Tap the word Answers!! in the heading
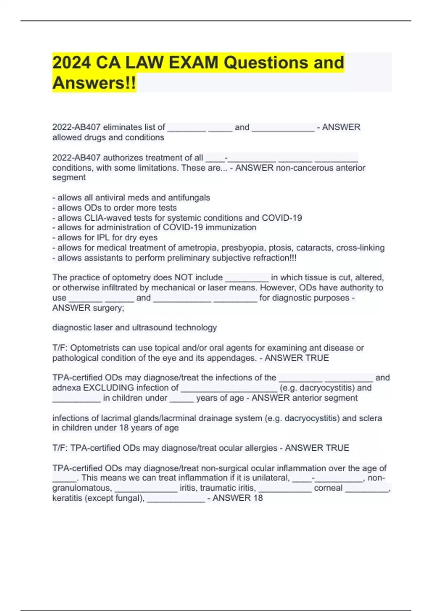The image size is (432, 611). click(94, 83)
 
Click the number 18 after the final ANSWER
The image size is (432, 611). click(258, 498)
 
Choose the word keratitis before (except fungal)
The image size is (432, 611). click(67, 498)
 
